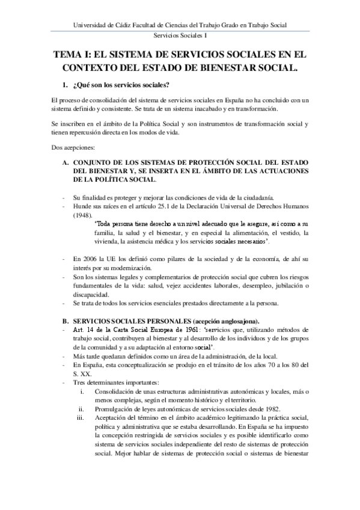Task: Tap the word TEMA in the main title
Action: tap(70, 54)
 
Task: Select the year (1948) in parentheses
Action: tap(82, 214)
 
